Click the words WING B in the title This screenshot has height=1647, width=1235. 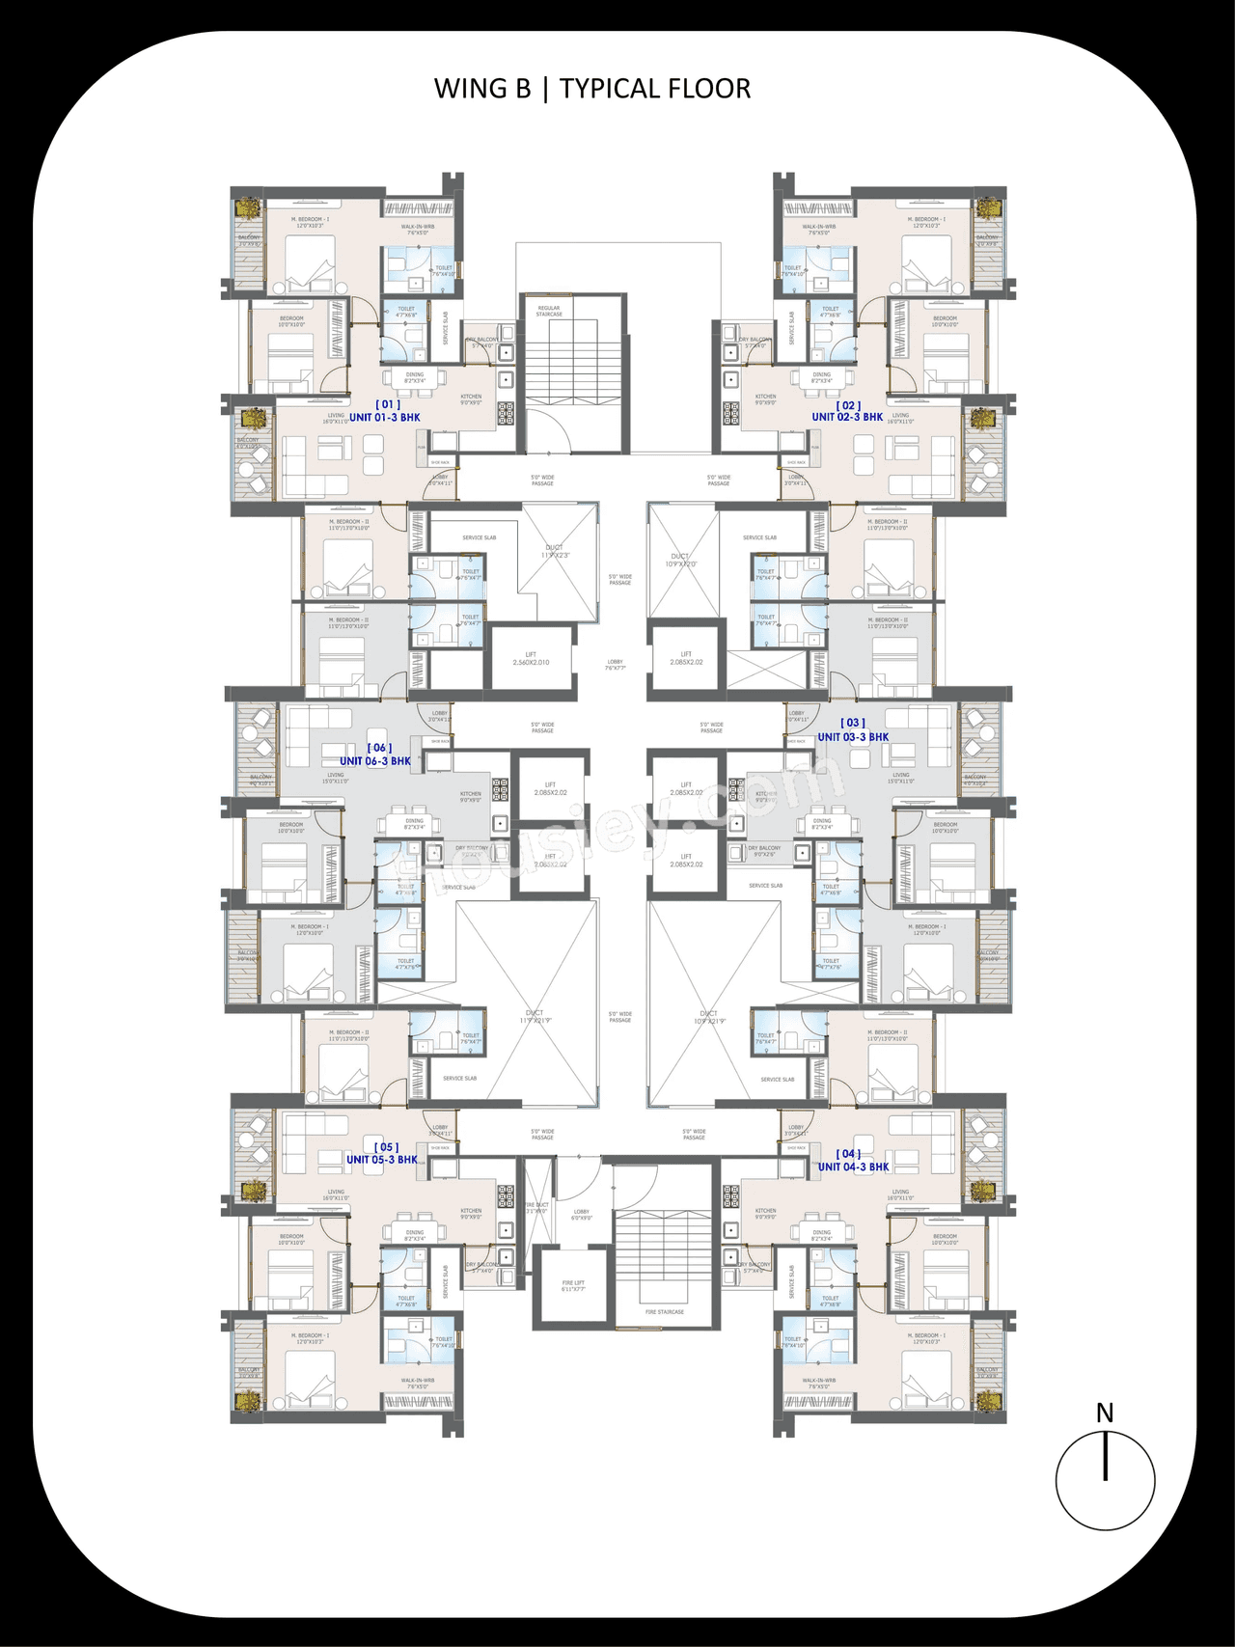point(481,89)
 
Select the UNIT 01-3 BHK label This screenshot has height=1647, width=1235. point(384,418)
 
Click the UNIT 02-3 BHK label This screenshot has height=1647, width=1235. point(847,417)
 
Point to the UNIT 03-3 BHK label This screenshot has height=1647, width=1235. point(853,737)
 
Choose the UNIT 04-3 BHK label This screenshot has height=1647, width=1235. point(853,1167)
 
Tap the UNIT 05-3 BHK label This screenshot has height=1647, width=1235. point(382,1160)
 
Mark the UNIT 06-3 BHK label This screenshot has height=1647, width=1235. point(375,761)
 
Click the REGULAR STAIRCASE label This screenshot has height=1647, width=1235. point(549,311)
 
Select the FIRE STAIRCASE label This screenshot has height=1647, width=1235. point(665,1312)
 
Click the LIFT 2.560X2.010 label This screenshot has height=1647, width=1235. point(531,659)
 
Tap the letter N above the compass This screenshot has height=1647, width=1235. point(1105,1414)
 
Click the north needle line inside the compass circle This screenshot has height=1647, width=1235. point(1105,1457)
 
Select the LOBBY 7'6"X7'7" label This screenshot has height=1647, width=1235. point(616,665)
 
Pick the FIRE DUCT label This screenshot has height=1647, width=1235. point(536,1207)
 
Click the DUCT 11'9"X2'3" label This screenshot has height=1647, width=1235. point(555,552)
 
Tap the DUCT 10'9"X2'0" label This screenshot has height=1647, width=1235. point(681,560)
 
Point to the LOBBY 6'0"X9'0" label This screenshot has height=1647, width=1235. point(581,1215)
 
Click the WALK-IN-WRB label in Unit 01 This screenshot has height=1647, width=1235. point(418,230)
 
